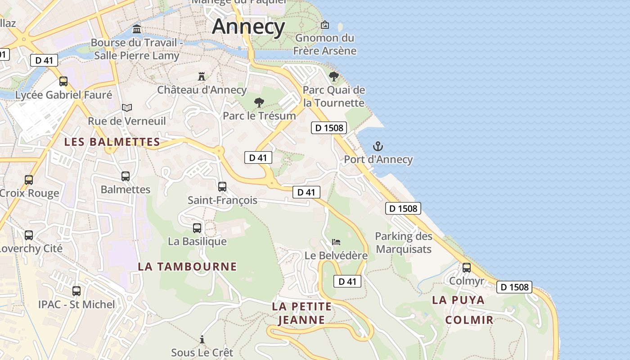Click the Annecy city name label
click(x=248, y=27)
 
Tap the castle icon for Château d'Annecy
click(x=202, y=76)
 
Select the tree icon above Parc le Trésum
click(x=259, y=103)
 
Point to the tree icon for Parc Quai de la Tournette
click(x=333, y=76)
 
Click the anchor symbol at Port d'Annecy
click(x=378, y=146)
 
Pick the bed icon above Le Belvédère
click(x=336, y=242)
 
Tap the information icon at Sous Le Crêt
click(x=202, y=339)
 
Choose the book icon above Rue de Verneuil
click(x=127, y=108)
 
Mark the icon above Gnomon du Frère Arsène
click(x=324, y=25)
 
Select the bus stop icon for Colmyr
click(x=467, y=268)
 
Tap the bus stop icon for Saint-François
click(x=222, y=187)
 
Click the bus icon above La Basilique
click(x=197, y=228)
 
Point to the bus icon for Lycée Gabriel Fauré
click(x=63, y=81)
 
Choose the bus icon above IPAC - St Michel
click(x=76, y=291)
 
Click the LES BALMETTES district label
click(x=112, y=142)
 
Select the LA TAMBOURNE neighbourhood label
click(x=187, y=266)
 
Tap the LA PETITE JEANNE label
click(x=301, y=313)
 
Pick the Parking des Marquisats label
click(x=404, y=243)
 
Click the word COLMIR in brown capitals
click(x=469, y=320)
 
